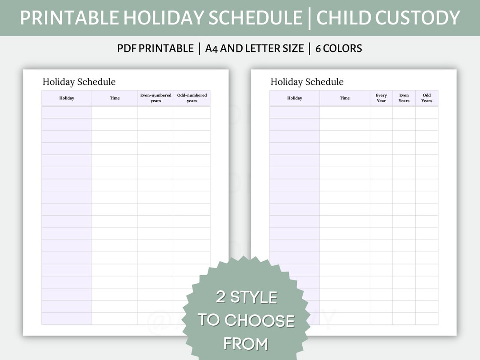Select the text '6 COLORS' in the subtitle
coord(339,48)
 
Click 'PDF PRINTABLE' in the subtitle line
coord(156,48)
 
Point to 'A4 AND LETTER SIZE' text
coord(255,48)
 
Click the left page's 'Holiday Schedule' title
coord(79,82)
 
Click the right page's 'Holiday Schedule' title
coord(307,82)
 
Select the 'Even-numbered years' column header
coord(156,98)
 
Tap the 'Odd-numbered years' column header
coord(192,98)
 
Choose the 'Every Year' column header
coord(381,98)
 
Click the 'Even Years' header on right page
coord(404,98)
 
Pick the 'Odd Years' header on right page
coord(427,98)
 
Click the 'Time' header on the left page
coord(115,98)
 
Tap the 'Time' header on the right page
coord(345,98)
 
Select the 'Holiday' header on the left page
coord(67,98)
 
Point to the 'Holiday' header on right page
coord(295,98)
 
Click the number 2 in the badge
coord(221,297)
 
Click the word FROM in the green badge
coord(246,344)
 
